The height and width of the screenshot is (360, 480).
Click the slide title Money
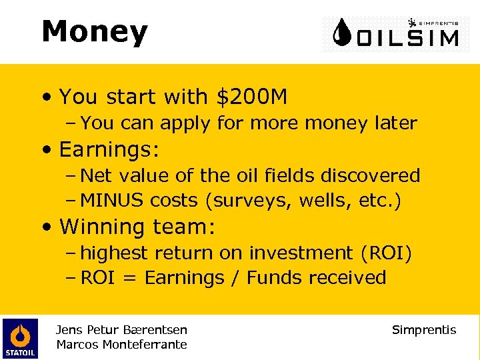point(94,32)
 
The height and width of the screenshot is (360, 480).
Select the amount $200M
point(251,97)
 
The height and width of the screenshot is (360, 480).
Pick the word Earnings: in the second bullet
point(109,149)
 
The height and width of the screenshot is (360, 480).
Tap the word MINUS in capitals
point(113,200)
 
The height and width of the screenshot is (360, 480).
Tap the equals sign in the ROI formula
point(131,277)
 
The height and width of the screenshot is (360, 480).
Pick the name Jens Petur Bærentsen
point(121,330)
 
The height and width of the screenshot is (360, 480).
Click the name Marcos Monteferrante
point(121,345)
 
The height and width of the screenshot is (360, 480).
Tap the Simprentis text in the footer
point(424,330)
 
